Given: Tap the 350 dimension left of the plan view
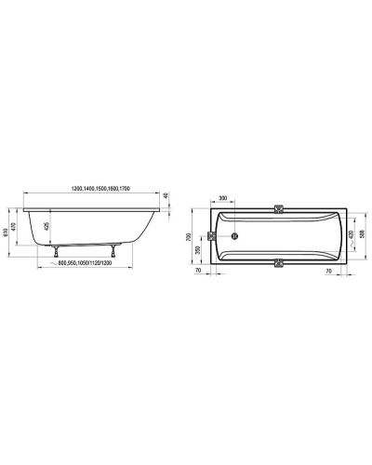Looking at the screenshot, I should (199, 249).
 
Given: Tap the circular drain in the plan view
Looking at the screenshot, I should (236, 234).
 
